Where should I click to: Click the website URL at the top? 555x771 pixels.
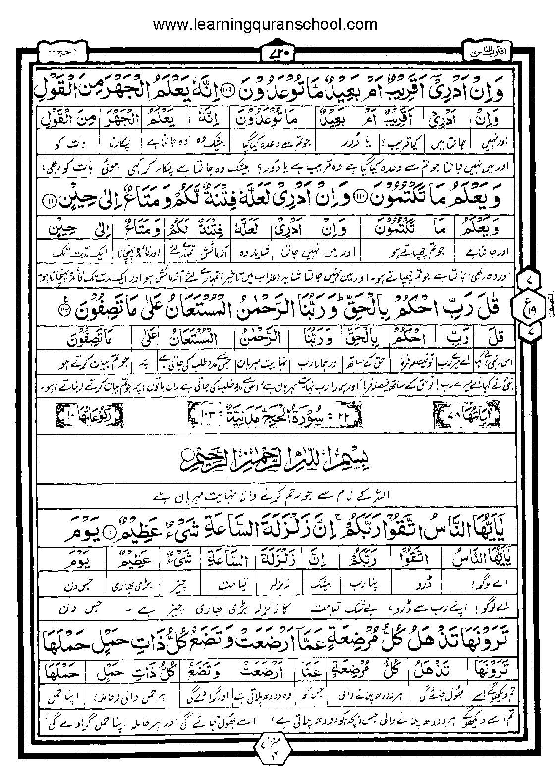coord(265,24)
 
